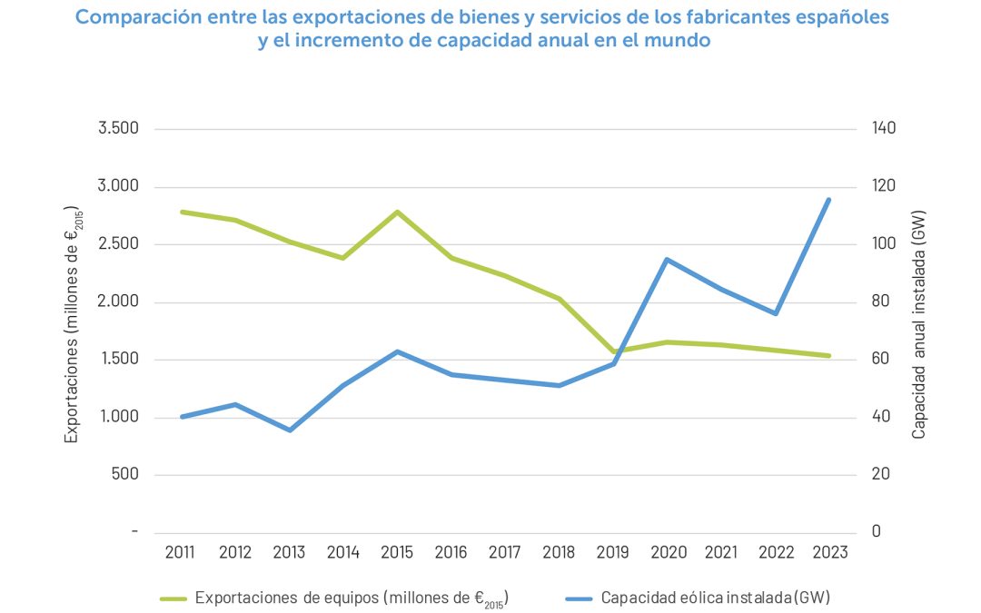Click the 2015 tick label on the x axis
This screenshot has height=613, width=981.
click(398, 553)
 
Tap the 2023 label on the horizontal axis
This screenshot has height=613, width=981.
click(828, 553)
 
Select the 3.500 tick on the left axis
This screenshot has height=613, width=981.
click(118, 128)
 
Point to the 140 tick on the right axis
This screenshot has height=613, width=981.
click(885, 128)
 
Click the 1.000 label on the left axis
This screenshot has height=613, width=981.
click(118, 418)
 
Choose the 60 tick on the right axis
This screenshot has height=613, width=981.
click(881, 360)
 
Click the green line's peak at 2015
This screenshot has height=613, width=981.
click(398, 212)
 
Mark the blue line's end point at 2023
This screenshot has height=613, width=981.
click(828, 200)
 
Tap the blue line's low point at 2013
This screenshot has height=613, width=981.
click(290, 430)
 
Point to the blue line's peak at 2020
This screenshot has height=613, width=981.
click(667, 260)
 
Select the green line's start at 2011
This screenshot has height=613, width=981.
click(183, 212)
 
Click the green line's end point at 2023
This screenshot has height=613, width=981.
click(828, 356)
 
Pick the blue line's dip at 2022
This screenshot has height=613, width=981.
click(775, 313)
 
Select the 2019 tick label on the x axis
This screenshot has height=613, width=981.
click(613, 553)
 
